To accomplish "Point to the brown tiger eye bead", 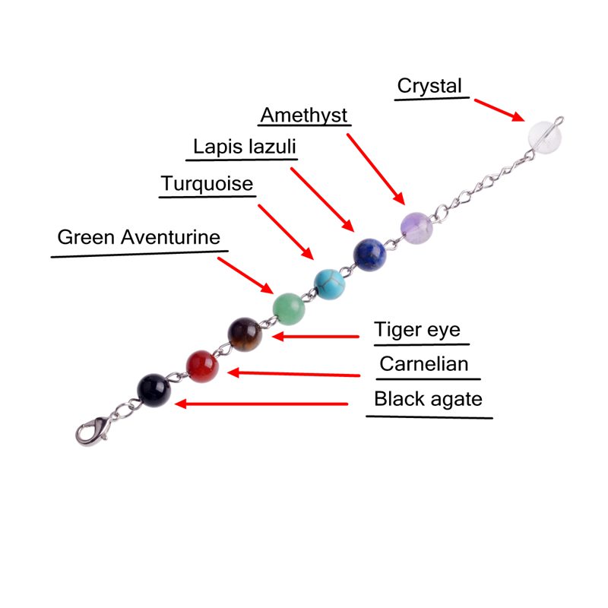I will click(x=245, y=334).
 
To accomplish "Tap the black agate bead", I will click(x=154, y=389).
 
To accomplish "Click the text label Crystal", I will click(x=429, y=86).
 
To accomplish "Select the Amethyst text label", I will click(x=304, y=115).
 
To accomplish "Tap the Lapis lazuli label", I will click(x=243, y=146).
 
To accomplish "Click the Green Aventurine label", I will click(x=138, y=237).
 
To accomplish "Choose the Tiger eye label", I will click(x=417, y=331).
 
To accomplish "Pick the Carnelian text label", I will click(x=424, y=364).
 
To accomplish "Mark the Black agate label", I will click(x=428, y=398).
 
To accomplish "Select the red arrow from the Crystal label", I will click(x=498, y=109).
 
